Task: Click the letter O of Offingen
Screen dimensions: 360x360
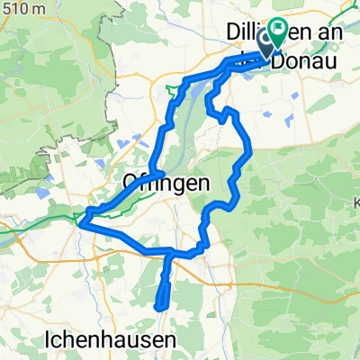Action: pyautogui.click(x=128, y=184)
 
